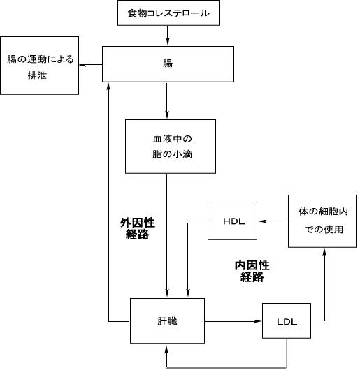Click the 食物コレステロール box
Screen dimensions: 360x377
[x=168, y=13]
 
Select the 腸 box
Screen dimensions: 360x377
[x=168, y=64]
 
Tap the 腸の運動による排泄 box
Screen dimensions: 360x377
[x=39, y=66]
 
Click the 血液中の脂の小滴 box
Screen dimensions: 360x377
[x=171, y=147]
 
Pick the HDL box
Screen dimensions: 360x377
[x=232, y=221]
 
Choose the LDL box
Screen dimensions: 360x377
[x=287, y=320]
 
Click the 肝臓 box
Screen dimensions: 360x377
[x=167, y=321]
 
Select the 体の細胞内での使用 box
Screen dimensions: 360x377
[x=322, y=221]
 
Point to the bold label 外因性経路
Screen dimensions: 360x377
[x=138, y=228]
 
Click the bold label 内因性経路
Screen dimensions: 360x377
[x=252, y=271]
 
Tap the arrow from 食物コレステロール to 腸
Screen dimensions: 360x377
[x=167, y=36]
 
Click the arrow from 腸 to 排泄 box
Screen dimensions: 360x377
[x=91, y=65]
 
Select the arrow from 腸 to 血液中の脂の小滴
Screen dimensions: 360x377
[x=166, y=101]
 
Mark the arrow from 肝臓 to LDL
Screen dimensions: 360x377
[x=233, y=321]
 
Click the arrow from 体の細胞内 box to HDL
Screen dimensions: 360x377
[x=273, y=221]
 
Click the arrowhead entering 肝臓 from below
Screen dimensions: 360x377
[x=166, y=348]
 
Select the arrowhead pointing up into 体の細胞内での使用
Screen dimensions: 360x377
[x=324, y=252]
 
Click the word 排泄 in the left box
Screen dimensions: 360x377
[x=37, y=75]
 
